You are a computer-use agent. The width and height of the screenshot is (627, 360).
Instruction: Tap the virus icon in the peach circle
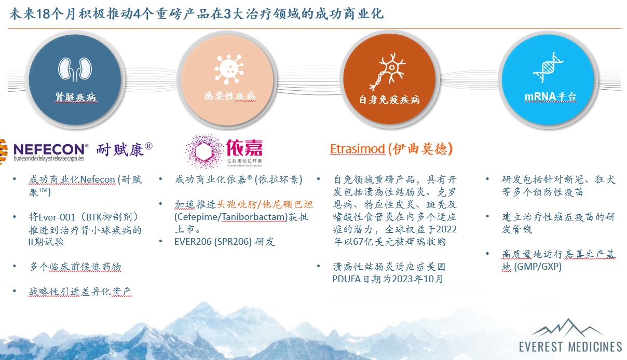(x=229, y=68)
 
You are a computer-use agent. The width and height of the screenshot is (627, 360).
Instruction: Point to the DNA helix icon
(x=549, y=67)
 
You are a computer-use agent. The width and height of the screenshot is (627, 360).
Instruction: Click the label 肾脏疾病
(x=76, y=97)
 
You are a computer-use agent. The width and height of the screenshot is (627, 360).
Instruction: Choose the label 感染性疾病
(x=229, y=96)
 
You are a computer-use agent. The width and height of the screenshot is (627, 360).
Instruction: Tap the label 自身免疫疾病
(x=389, y=99)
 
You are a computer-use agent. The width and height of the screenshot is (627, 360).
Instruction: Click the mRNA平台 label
(x=550, y=97)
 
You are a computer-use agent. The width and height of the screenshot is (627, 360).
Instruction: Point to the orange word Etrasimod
(x=358, y=149)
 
